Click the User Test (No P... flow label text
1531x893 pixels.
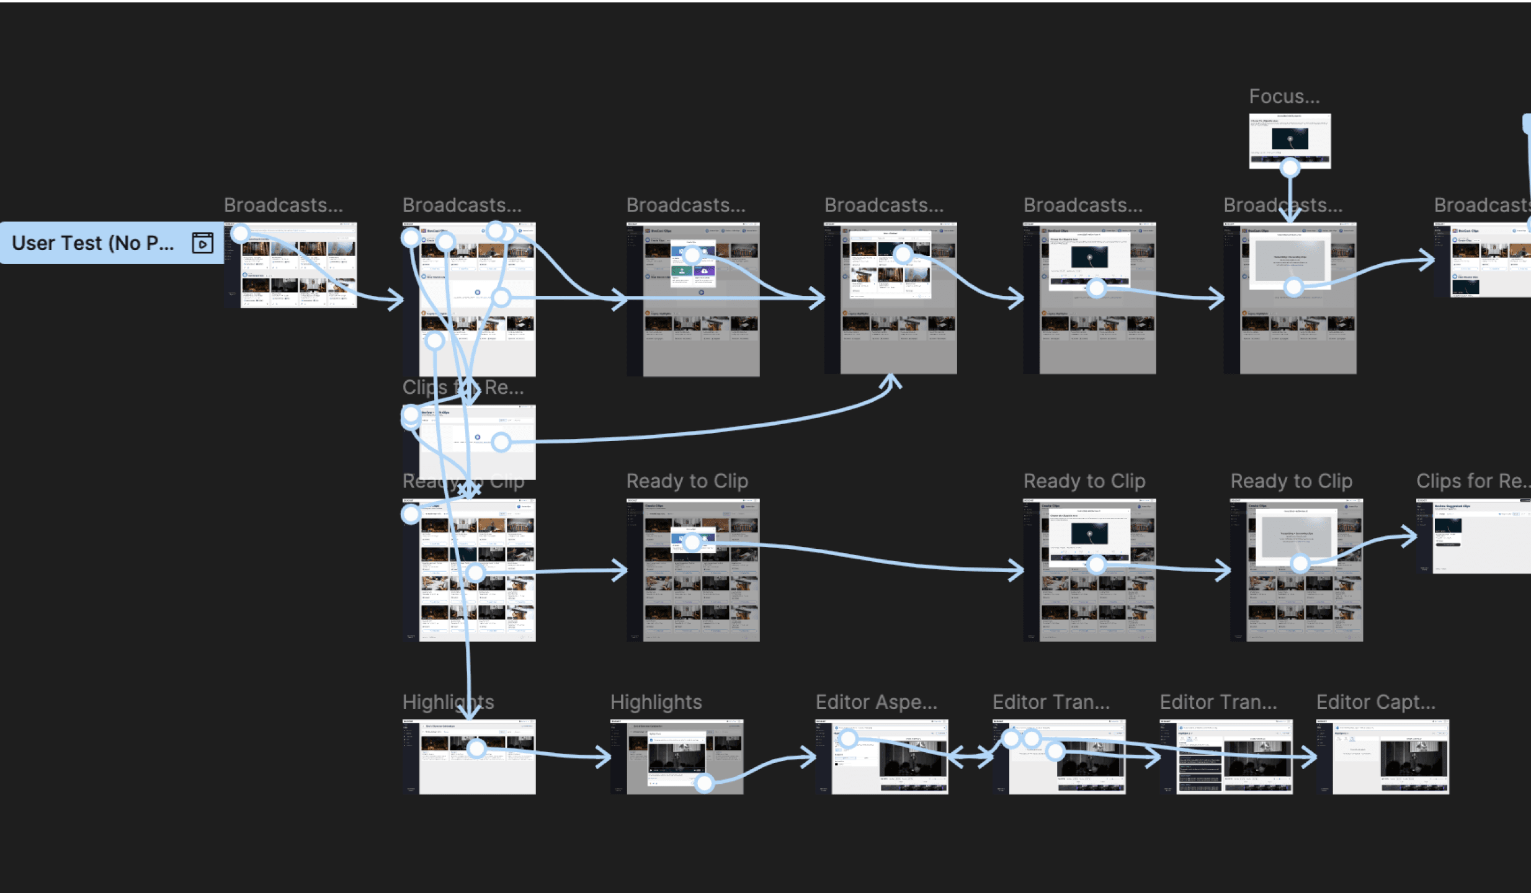click(x=93, y=243)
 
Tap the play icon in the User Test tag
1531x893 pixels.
click(x=202, y=243)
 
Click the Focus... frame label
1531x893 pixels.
click(x=1284, y=97)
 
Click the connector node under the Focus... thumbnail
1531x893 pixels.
click(x=1290, y=167)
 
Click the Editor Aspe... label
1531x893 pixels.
click(x=876, y=702)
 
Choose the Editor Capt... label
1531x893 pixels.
click(x=1375, y=702)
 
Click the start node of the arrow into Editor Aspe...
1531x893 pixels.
click(x=704, y=783)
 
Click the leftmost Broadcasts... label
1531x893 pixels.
click(x=283, y=205)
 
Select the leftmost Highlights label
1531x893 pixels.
click(x=448, y=702)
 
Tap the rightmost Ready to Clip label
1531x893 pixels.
click(x=1291, y=481)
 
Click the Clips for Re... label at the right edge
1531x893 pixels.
click(x=1471, y=481)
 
